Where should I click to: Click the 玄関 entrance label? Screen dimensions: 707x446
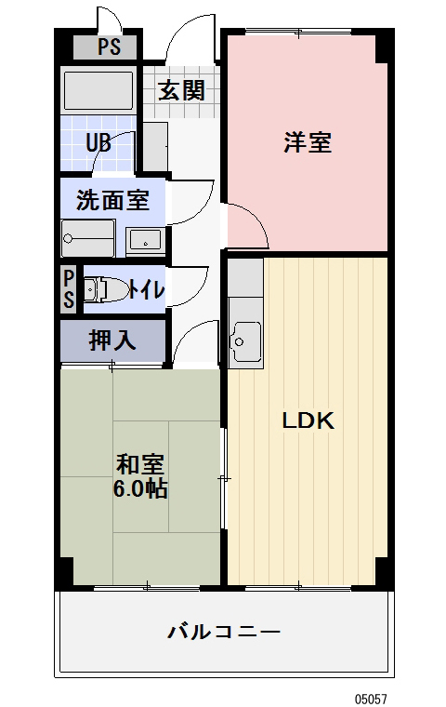[x=180, y=90]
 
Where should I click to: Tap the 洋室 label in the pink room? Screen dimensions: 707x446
[x=308, y=143]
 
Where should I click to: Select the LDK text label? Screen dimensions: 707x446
[x=308, y=420]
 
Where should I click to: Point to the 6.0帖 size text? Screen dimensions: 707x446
[x=140, y=489]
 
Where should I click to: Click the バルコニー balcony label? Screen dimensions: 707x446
[x=223, y=633]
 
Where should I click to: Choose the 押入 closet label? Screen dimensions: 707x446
[x=112, y=340]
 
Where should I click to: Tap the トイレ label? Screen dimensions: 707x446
[x=147, y=289]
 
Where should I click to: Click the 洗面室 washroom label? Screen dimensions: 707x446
[x=112, y=198]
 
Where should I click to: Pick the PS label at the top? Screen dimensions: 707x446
[x=109, y=47]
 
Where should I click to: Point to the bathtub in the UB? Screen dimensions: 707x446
[x=98, y=91]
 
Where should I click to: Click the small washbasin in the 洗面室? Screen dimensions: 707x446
[x=145, y=241]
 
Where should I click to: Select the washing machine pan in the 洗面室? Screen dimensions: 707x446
[x=88, y=238]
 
